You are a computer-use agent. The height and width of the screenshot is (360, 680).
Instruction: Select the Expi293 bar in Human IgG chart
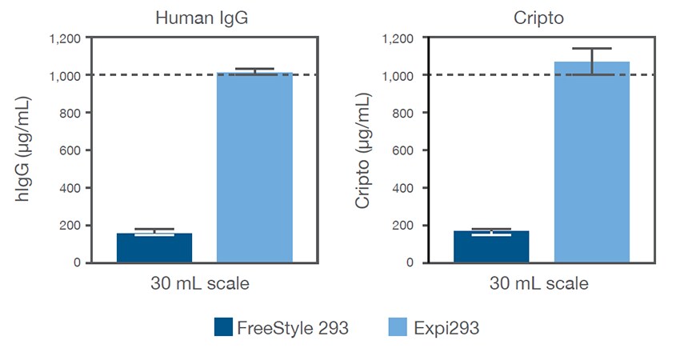pyautogui.click(x=255, y=168)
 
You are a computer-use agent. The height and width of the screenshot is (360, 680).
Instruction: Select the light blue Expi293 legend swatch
pyautogui.click(x=398, y=327)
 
